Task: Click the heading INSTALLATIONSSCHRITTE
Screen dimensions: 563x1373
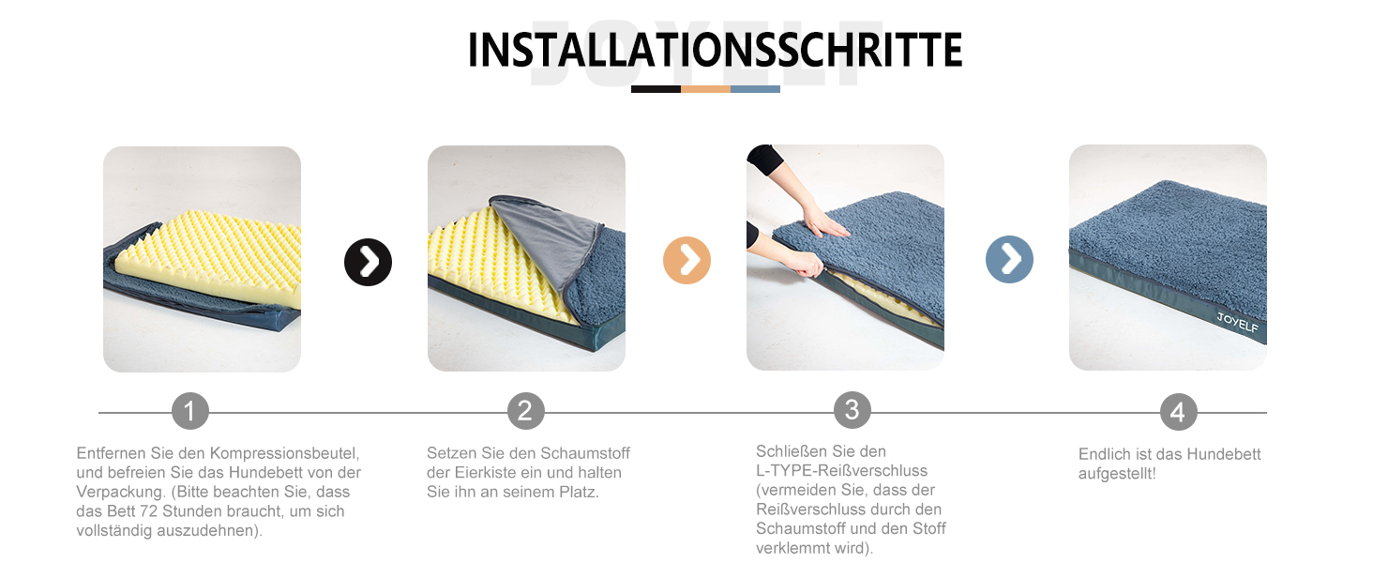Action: pyautogui.click(x=715, y=51)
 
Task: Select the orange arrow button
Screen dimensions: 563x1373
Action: pyautogui.click(x=686, y=260)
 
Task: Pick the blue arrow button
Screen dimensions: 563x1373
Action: pyautogui.click(x=1009, y=259)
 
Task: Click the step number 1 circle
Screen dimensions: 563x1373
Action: pyautogui.click(x=190, y=411)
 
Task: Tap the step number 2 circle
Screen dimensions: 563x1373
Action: pyautogui.click(x=525, y=411)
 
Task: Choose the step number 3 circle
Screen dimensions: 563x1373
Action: pyautogui.click(x=852, y=410)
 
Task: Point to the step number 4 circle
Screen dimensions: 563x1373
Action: pyautogui.click(x=1178, y=412)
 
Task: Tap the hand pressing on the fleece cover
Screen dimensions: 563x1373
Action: pyautogui.click(x=825, y=221)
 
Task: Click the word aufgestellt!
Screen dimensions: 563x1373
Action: pyautogui.click(x=1117, y=474)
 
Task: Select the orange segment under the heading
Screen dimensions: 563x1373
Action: pyautogui.click(x=705, y=89)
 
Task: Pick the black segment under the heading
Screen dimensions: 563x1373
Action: pyautogui.click(x=656, y=89)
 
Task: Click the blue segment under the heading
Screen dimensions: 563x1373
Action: pyautogui.click(x=755, y=89)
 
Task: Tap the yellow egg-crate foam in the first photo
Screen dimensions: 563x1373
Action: pyautogui.click(x=225, y=263)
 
